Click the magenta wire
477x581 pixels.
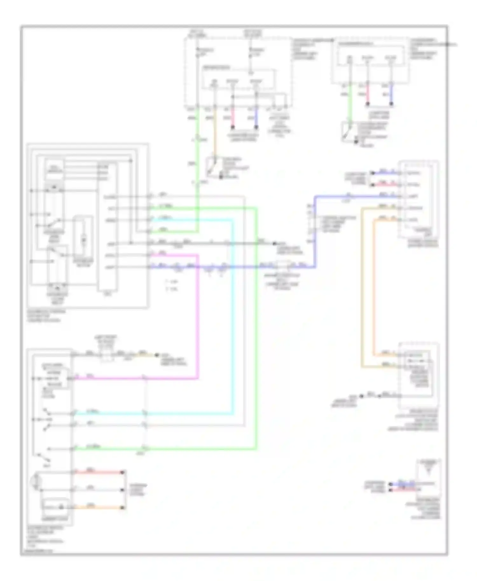coord(198,318)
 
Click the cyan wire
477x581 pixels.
coord(232,318)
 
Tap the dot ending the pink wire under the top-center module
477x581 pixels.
coord(232,127)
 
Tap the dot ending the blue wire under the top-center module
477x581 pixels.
coord(256,127)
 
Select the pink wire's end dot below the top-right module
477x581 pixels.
coord(368,104)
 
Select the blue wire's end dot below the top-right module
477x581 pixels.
coord(391,104)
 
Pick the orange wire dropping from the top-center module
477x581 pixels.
coord(215,133)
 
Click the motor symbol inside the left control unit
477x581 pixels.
coord(83,240)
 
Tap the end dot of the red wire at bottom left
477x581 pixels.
coord(123,472)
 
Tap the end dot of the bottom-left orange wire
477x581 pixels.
coord(123,508)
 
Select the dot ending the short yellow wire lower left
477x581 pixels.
coord(156,355)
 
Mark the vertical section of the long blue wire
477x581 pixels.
coord(315,232)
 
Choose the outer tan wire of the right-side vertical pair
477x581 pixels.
coord(362,286)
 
